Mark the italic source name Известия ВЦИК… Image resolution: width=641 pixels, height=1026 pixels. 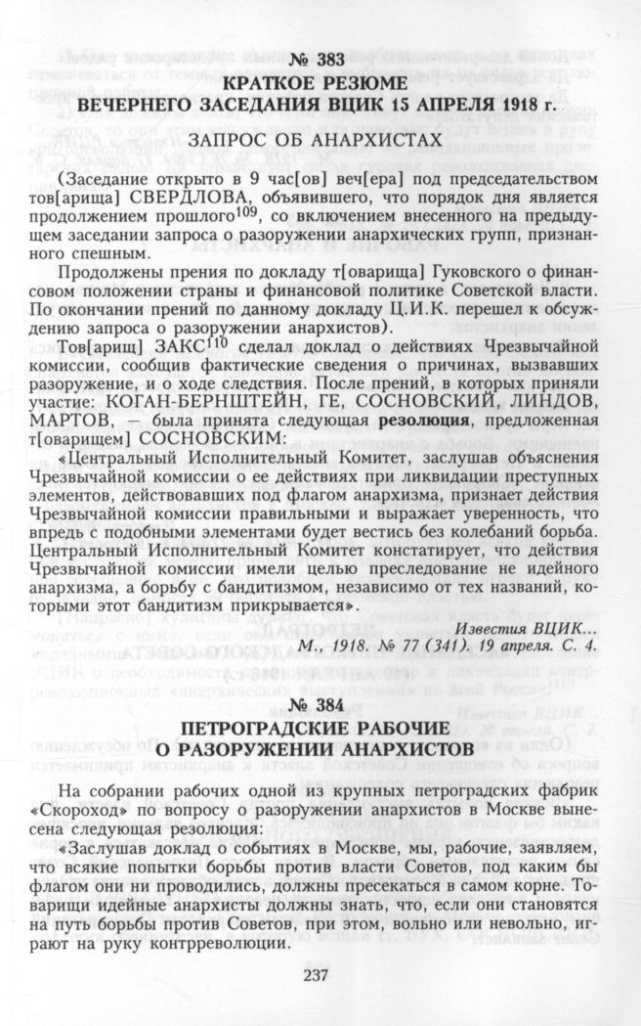coord(525,626)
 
